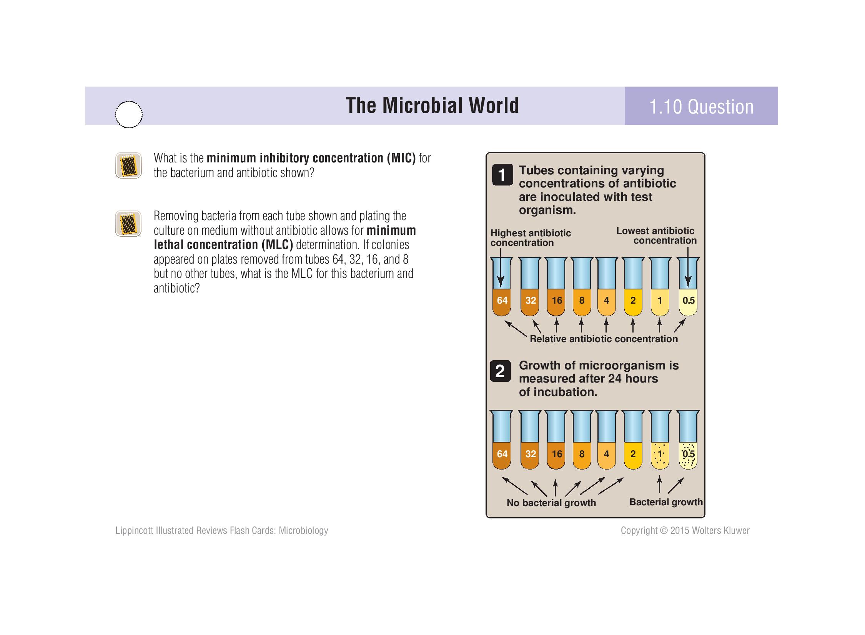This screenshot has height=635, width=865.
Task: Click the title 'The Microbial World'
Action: tap(432, 105)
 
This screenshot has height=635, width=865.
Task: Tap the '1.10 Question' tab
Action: tap(701, 107)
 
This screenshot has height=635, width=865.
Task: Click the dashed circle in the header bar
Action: tap(129, 114)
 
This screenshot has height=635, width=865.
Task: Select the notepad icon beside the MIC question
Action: tap(128, 165)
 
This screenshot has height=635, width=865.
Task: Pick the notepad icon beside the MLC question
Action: tap(128, 224)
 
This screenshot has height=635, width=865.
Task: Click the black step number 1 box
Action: tap(502, 175)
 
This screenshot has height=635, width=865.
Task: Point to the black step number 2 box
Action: tap(500, 371)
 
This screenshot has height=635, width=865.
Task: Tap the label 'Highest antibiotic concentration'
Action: tap(531, 238)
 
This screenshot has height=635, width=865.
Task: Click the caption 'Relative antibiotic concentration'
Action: tap(604, 339)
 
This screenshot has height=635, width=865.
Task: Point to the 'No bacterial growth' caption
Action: tap(551, 503)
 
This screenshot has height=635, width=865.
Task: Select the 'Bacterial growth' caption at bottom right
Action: tap(666, 502)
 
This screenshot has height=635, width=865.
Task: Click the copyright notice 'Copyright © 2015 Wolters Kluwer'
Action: tap(685, 530)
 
